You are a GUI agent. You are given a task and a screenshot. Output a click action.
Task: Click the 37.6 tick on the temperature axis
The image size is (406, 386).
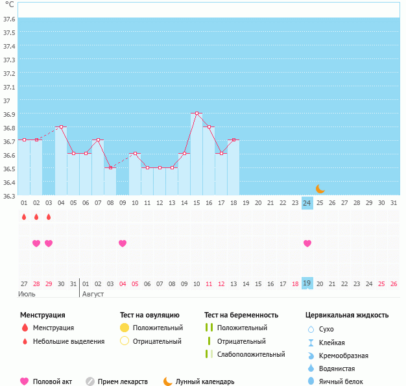point(9,19)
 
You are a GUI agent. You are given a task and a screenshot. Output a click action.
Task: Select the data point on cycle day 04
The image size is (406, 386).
point(61,127)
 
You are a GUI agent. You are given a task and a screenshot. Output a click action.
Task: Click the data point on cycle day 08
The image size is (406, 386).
point(110,167)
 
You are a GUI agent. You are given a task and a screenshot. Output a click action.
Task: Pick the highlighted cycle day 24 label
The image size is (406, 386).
point(307,203)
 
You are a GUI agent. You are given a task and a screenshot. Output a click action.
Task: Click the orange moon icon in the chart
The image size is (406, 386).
point(320,189)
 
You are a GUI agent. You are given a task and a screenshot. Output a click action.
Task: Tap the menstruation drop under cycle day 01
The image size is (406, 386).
point(24,217)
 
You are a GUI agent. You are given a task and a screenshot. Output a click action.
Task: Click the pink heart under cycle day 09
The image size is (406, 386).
point(123,243)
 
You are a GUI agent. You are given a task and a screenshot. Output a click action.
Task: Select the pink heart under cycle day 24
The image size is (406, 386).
point(307,243)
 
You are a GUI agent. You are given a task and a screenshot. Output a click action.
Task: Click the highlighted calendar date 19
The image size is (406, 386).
point(307,283)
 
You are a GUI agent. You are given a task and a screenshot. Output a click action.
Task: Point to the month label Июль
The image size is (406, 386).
point(27,294)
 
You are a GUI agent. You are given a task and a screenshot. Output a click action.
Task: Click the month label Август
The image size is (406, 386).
point(93,294)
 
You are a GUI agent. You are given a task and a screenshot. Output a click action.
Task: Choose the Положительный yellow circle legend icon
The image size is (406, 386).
point(125,328)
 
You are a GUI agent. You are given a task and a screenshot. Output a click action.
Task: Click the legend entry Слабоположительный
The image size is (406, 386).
point(251,354)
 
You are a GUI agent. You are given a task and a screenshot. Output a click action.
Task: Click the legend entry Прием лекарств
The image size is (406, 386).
point(123,381)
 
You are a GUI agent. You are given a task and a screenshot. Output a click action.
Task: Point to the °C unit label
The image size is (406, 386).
point(9,5)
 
